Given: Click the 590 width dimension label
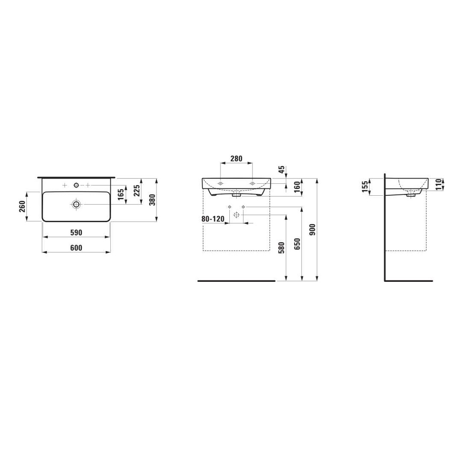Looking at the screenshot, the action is [76, 232].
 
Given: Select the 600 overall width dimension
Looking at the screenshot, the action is [76, 248].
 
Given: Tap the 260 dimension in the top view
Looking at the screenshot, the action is [22, 206].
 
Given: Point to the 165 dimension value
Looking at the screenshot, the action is [121, 195].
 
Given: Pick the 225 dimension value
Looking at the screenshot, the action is [136, 190].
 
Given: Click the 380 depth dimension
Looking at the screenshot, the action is [152, 200].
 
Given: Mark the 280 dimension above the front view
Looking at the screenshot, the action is [236, 159].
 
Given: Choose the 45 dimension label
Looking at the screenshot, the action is [281, 170].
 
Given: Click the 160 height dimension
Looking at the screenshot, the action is [297, 187].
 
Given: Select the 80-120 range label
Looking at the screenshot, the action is [213, 219].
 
